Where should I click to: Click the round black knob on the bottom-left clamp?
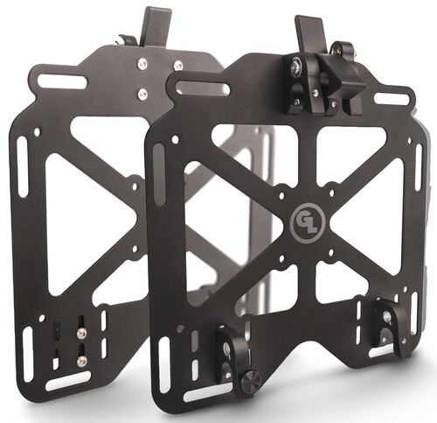252,379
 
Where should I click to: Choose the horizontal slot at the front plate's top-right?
390,98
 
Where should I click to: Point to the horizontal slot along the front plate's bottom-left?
207,391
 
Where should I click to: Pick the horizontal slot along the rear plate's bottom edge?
69,381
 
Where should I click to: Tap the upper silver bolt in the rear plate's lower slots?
81,334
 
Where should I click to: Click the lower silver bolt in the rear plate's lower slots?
81,360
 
